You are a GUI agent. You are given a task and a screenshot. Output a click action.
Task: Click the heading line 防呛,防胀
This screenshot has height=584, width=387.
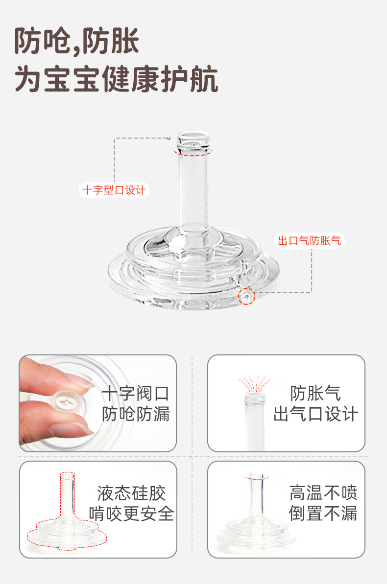[77, 41]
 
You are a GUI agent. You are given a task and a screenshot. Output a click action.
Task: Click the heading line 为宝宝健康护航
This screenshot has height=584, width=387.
[116, 79]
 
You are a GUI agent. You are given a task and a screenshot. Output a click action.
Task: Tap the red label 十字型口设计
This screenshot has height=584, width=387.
[114, 190]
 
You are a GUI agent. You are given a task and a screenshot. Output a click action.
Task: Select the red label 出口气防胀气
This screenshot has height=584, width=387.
[310, 241]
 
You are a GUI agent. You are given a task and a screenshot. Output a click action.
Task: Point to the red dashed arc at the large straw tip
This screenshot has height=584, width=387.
[193, 154]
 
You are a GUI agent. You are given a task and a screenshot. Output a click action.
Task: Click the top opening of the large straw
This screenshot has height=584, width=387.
[193, 136]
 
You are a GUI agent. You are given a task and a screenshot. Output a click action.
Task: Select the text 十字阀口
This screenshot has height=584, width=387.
[136, 394]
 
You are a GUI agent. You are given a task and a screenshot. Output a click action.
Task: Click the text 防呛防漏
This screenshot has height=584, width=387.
[136, 414]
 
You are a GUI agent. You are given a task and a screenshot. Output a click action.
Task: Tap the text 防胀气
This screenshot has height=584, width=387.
[315, 394]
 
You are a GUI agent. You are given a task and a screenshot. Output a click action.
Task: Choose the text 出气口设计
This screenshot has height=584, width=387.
[315, 414]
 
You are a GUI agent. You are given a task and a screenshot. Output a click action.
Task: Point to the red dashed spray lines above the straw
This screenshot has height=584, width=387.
[255, 384]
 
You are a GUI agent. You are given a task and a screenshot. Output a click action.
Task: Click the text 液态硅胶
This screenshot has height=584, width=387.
[131, 493]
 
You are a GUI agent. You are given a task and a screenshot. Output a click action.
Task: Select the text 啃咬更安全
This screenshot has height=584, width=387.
[131, 514]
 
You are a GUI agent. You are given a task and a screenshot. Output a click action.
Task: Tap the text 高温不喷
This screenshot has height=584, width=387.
[323, 493]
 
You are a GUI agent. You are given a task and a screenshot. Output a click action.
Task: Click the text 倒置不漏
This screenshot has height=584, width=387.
[323, 513]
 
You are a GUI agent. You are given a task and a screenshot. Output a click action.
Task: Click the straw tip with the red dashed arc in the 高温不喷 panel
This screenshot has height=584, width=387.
[257, 477]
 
